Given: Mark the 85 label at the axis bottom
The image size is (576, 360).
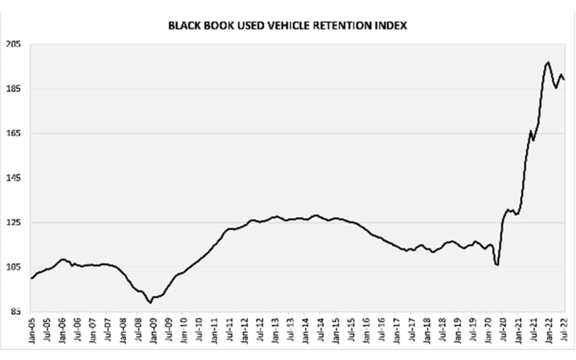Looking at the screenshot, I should click(x=16, y=312).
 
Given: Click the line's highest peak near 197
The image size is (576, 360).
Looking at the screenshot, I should click(x=548, y=62).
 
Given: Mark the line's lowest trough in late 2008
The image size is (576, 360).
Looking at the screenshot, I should click(x=150, y=303).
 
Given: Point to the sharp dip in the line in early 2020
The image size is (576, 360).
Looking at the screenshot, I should click(x=497, y=265).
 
